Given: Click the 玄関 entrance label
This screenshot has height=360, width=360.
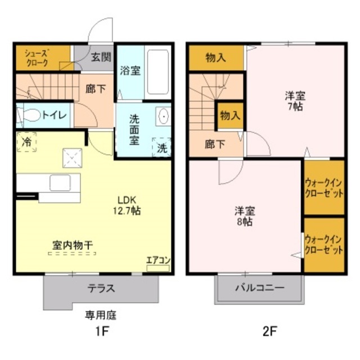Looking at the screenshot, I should [x=101, y=57].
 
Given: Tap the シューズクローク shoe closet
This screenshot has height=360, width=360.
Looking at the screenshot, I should [x=38, y=57].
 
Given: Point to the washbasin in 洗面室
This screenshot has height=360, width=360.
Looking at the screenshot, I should [x=164, y=116].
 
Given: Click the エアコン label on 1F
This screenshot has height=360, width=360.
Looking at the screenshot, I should [x=158, y=260].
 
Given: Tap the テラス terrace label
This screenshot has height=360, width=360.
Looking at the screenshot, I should [x=101, y=289].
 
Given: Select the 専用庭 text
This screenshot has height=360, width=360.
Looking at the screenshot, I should [x=101, y=314].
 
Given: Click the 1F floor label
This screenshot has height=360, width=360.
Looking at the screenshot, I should [x=101, y=331].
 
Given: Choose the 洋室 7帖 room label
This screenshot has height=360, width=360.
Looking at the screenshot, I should [x=294, y=101].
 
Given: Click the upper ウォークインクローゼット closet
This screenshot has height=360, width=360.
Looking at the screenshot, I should [x=324, y=187].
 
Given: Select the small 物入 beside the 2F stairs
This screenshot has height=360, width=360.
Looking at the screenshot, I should [x=229, y=116].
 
